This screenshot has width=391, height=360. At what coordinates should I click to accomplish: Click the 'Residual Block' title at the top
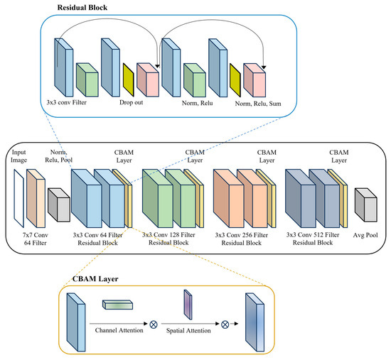pos(82,8)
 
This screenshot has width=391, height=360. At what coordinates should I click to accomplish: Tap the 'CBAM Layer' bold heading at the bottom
pos(95,279)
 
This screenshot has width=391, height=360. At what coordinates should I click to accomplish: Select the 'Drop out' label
pos(132,102)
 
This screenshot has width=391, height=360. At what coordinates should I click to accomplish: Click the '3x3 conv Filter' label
pos(67,102)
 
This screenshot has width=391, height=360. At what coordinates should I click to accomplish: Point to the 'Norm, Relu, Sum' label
pos(258,104)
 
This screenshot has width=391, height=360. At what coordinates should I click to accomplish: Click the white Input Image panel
pos(19,198)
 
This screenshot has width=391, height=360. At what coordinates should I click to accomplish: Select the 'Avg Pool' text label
pos(365,235)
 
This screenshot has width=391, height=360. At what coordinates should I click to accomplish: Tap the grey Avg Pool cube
pos(366,205)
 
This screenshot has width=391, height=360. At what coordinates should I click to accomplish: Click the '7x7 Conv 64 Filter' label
pos(35,239)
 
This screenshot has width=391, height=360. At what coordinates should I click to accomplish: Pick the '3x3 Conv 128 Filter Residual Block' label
pos(168,239)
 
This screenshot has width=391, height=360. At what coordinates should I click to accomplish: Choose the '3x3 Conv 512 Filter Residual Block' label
pos(313,239)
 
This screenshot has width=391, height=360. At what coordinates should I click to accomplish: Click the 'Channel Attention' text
pos(119,330)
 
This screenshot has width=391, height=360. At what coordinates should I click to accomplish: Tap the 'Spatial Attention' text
pos(188,331)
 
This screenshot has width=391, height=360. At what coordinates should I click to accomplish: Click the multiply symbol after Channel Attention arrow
pos(154,324)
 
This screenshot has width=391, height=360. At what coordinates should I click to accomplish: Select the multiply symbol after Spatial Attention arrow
pos(225,324)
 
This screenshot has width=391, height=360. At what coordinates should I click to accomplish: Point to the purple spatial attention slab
pos(188,305)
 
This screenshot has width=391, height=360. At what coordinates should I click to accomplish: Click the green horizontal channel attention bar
pos(117,305)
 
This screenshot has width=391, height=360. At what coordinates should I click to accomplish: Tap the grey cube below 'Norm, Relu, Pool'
pos(59,205)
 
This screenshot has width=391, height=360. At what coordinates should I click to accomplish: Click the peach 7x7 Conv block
pos(36,198)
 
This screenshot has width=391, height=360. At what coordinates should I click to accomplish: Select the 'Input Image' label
pos(18,156)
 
